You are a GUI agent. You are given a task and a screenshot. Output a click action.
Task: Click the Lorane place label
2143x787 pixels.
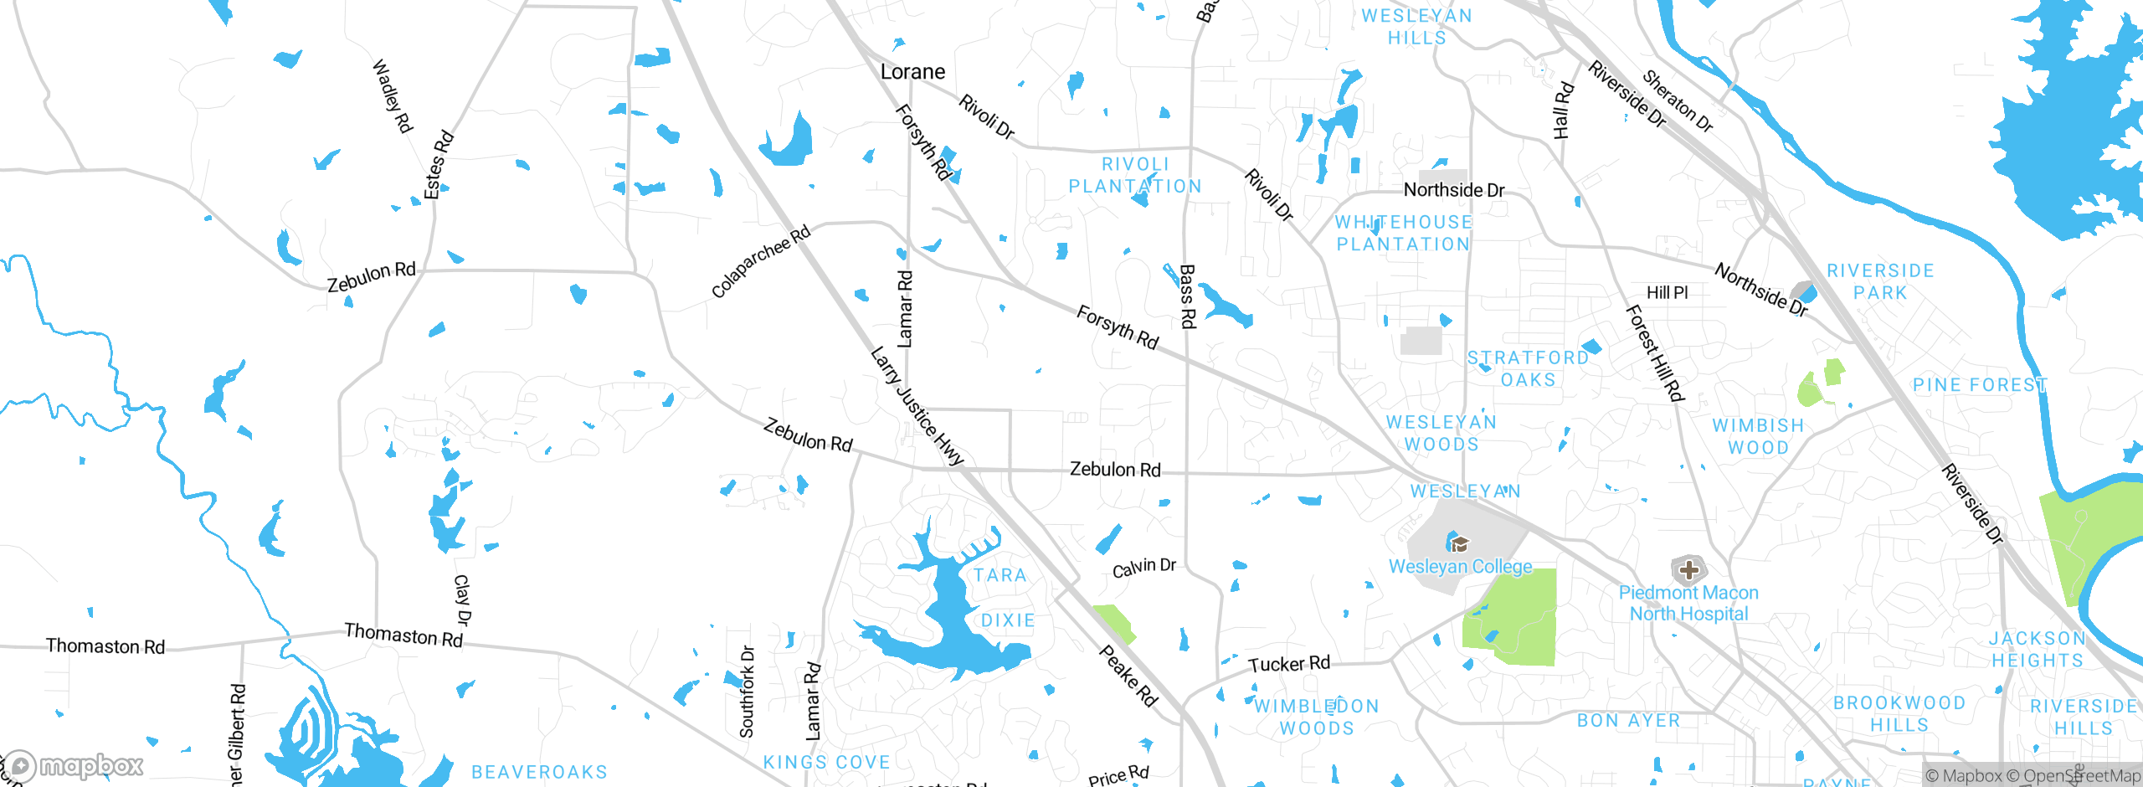(912, 72)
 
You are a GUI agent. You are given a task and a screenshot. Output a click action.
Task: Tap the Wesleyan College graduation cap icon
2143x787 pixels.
(1458, 544)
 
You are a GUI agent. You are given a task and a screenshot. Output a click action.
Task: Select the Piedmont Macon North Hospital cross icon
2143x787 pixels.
(1688, 570)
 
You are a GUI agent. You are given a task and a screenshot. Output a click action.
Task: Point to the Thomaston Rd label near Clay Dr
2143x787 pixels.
(403, 635)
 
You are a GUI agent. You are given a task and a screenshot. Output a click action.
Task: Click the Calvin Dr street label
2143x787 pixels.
(1143, 568)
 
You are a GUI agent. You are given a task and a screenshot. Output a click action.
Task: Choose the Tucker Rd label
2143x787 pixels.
(1288, 664)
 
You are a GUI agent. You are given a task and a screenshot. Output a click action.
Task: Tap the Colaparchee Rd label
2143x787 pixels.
(760, 261)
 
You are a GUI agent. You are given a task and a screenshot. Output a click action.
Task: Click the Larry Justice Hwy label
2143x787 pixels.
(917, 406)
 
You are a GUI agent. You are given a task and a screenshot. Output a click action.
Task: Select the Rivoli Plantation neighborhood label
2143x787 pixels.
(1135, 176)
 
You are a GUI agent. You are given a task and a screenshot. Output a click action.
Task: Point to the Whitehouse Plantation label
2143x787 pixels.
(1403, 234)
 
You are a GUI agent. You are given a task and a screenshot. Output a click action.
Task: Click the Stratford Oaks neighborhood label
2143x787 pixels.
(1528, 368)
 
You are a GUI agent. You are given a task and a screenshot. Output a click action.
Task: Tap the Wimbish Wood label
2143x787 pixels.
(1758, 436)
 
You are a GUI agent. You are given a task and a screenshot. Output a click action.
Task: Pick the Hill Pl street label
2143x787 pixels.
(1667, 292)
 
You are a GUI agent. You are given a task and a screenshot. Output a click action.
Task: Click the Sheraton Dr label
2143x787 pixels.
(1678, 101)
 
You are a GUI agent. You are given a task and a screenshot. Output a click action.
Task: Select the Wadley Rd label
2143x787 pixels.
(392, 96)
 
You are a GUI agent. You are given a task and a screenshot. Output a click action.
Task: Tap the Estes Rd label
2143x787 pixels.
(438, 165)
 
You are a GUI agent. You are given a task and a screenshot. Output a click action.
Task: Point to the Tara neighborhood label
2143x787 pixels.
(1000, 575)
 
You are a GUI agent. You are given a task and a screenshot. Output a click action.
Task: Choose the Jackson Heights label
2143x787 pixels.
(2037, 650)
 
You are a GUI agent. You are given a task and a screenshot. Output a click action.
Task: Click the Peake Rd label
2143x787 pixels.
(1128, 676)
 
